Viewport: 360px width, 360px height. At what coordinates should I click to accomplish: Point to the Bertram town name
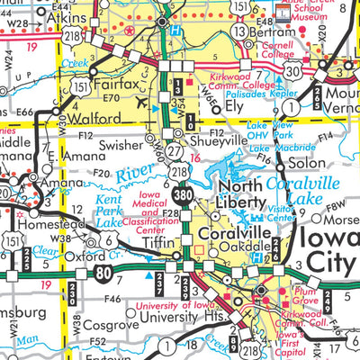pos(273,31)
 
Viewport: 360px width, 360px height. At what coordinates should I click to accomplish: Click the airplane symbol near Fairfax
pos(143,103)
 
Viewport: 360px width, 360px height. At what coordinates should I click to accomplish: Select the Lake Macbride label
pos(274,147)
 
